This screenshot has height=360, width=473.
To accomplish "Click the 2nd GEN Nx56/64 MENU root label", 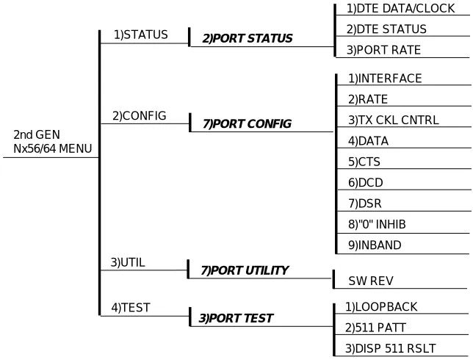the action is click(x=52, y=142).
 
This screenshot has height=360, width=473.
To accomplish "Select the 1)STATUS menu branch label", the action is click(x=140, y=35).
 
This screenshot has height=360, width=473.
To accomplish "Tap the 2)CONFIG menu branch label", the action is click(x=140, y=116).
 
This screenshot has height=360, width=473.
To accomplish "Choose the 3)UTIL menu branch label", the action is click(x=128, y=262).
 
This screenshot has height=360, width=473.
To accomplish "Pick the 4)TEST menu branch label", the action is click(x=131, y=308).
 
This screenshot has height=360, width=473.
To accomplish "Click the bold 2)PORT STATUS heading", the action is click(x=248, y=39).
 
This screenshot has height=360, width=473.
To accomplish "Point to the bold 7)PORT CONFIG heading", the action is click(x=247, y=124).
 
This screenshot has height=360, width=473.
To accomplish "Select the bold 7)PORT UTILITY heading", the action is click(x=245, y=270).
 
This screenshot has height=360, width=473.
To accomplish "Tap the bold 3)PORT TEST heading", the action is click(x=236, y=318).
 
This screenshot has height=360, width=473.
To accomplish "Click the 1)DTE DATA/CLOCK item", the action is click(x=400, y=9).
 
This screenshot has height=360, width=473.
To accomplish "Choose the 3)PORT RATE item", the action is click(x=383, y=50).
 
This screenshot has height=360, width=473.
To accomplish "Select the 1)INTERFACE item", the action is click(x=385, y=79).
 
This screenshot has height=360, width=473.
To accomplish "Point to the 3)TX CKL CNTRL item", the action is click(x=394, y=120).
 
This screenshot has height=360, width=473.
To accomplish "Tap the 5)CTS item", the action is click(x=364, y=162).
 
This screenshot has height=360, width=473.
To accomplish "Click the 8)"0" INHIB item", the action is click(x=377, y=225).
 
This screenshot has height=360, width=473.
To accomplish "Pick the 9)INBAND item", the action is click(x=375, y=245).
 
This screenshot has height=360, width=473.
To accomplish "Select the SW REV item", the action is click(x=371, y=281).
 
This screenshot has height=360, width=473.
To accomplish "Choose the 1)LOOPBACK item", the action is click(x=381, y=307).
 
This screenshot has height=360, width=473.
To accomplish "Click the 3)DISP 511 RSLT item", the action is click(x=390, y=348).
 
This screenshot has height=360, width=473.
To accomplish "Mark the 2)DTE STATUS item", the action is click(x=386, y=29).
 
